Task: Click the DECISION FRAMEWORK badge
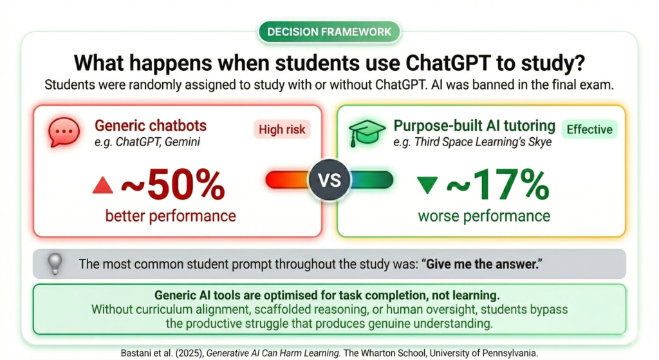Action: pyautogui.click(x=329, y=32)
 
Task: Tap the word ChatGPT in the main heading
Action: pyautogui.click(x=448, y=63)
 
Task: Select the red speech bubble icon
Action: pyautogui.click(x=64, y=132)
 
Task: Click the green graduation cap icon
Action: pyautogui.click(x=367, y=133)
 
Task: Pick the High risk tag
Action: pyautogui.click(x=282, y=129)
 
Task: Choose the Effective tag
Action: pyautogui.click(x=589, y=129)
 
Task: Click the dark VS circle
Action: pyautogui.click(x=329, y=180)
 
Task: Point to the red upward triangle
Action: pyautogui.click(x=103, y=185)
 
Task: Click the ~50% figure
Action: pyautogui.click(x=173, y=184)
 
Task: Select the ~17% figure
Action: pyautogui.click(x=498, y=184)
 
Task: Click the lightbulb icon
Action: pyautogui.click(x=55, y=264)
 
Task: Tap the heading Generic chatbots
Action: pyautogui.click(x=151, y=126)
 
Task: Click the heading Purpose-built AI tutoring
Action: pyautogui.click(x=474, y=126)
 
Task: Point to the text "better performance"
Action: pyautogui.click(x=170, y=216)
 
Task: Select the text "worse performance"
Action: pyautogui.click(x=484, y=216)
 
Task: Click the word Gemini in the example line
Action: pyautogui.click(x=182, y=142)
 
